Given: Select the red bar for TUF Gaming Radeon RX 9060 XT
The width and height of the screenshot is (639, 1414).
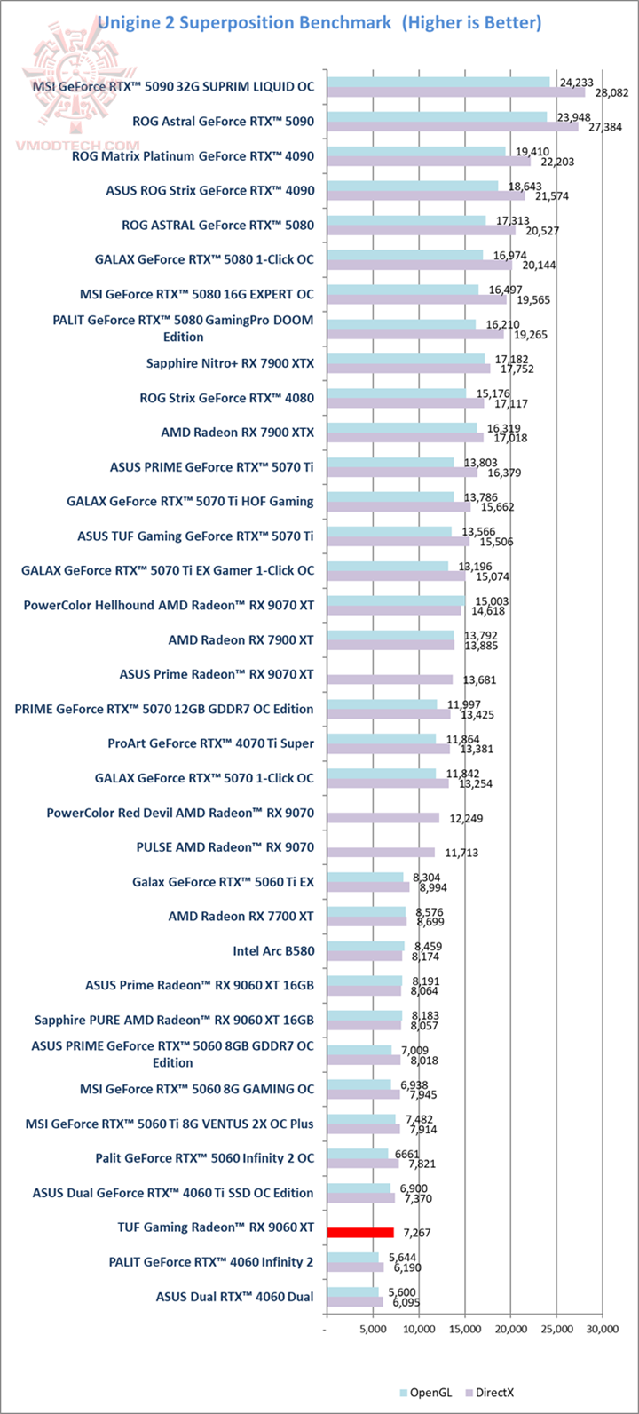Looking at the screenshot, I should (x=360, y=1232).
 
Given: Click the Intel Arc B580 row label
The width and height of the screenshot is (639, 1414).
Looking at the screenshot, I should (x=273, y=950).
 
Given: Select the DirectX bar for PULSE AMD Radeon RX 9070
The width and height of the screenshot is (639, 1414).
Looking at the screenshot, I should (x=381, y=853).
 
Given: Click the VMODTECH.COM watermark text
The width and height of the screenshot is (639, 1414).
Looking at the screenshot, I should (x=75, y=144).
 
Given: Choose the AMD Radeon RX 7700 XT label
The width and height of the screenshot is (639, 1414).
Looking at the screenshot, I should (x=241, y=916).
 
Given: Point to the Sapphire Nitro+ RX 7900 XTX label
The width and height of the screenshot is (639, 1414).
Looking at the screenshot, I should (x=230, y=362).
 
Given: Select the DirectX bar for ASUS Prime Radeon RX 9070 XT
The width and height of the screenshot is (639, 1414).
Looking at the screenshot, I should (x=390, y=679).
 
